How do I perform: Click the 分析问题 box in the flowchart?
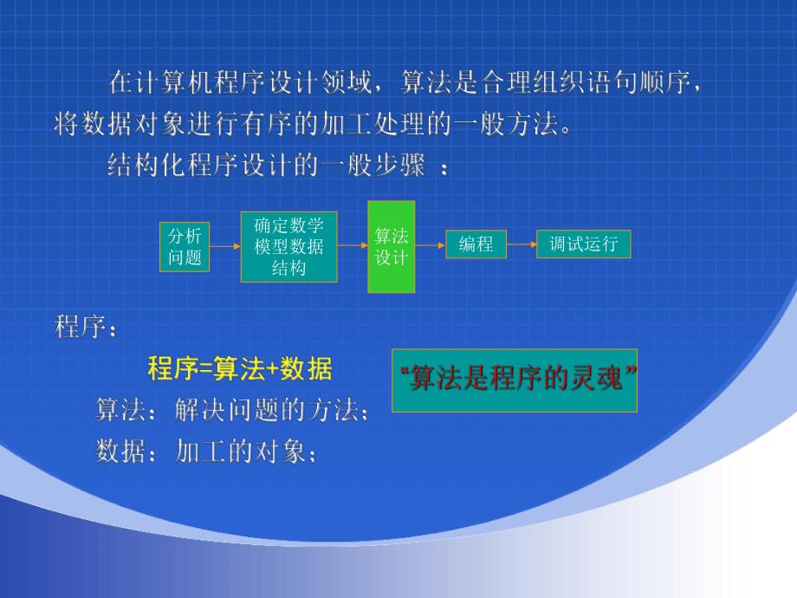pos(185,246)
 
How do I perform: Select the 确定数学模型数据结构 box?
pos(288,247)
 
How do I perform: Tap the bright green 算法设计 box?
pos(392,247)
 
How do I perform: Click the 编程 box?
pos(476,244)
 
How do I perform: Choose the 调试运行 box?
pos(584,244)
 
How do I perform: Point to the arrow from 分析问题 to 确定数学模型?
pos(224,246)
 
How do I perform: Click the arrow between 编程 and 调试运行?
pos(522,244)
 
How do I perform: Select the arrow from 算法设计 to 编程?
pos(431,245)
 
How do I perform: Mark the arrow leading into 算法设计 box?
pos(353,246)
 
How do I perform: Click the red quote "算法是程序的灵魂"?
pos(515,380)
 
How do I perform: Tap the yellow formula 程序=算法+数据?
pos(240,369)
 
